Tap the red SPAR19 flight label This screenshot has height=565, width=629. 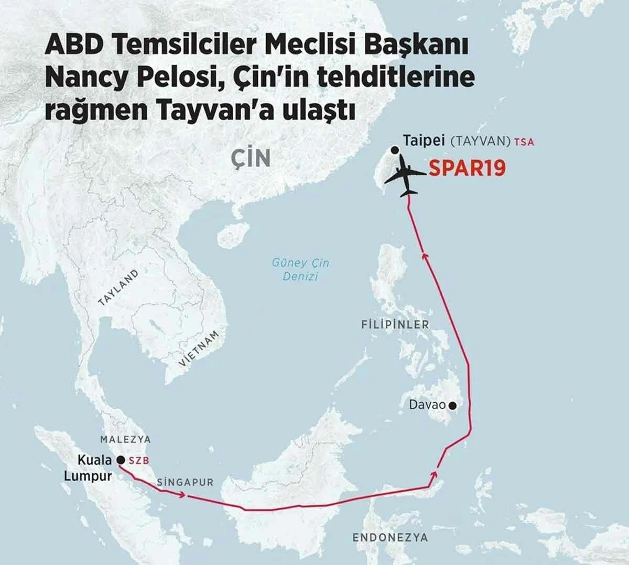[x=467, y=168]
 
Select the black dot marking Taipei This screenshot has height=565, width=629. [x=395, y=151]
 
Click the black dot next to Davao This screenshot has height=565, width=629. [x=452, y=405]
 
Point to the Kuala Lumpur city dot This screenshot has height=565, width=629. [x=120, y=460]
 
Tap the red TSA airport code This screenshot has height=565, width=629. [x=524, y=141]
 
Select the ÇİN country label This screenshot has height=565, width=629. [x=251, y=159]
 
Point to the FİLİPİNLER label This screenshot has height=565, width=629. [x=395, y=325]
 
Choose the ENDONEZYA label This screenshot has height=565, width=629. [x=390, y=537]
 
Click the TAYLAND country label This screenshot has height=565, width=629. [x=118, y=287]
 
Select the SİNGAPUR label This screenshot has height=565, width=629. [x=185, y=482]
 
